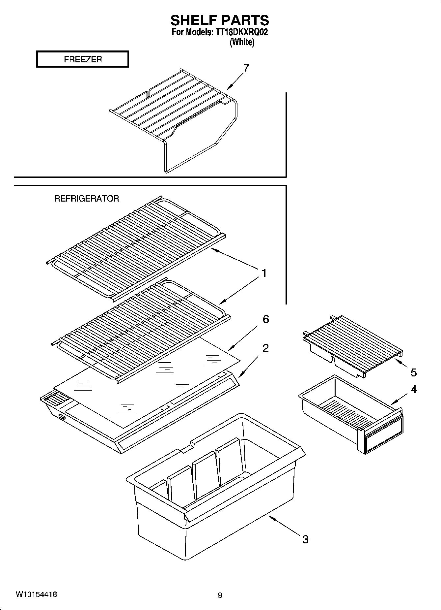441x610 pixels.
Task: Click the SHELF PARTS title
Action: pos(220,20)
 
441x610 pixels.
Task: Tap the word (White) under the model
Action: pos(242,42)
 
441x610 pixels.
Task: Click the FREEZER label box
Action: pos(82,59)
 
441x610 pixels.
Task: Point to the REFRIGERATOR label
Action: pos(87,199)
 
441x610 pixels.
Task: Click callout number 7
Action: pos(246,68)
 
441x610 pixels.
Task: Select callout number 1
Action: pos(264,273)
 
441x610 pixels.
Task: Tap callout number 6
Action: pos(265,319)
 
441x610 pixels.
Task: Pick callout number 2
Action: pos(265,348)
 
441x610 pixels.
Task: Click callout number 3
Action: pos(305,539)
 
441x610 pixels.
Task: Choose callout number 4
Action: pos(414,390)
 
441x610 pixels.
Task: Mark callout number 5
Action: pos(414,372)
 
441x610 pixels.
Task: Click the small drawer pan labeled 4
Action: pos(349,416)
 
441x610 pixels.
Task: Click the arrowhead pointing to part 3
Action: pos(271,518)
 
